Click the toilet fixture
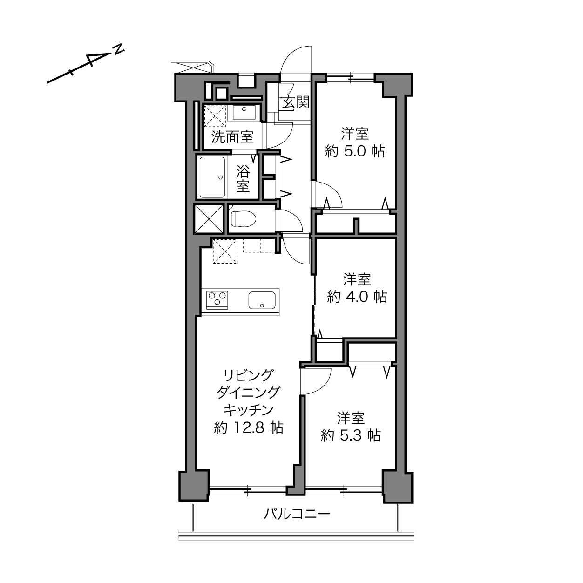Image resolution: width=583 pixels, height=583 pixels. (x=243, y=218)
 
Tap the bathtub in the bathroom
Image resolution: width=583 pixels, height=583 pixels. (x=212, y=177)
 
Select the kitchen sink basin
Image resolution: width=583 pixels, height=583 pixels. (x=262, y=300)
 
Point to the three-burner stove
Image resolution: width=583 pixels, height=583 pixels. (x=217, y=300)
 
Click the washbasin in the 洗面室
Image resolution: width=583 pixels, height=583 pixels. (x=244, y=112)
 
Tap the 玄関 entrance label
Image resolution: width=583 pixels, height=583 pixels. (x=296, y=102)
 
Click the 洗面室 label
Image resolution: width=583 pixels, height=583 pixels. (x=232, y=137)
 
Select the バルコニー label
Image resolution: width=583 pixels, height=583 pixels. (x=297, y=514)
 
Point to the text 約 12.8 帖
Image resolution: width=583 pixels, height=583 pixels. (x=249, y=428)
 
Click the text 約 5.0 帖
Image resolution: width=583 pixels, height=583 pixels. (x=355, y=151)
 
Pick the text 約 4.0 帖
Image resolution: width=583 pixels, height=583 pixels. (x=357, y=297)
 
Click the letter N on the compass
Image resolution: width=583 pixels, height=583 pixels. (x=119, y=49)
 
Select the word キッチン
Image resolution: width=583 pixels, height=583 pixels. (x=249, y=410)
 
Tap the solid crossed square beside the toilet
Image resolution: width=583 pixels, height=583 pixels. (x=209, y=219)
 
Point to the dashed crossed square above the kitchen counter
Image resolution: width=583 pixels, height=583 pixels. (x=225, y=251)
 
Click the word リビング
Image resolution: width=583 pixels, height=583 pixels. (x=249, y=375)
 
